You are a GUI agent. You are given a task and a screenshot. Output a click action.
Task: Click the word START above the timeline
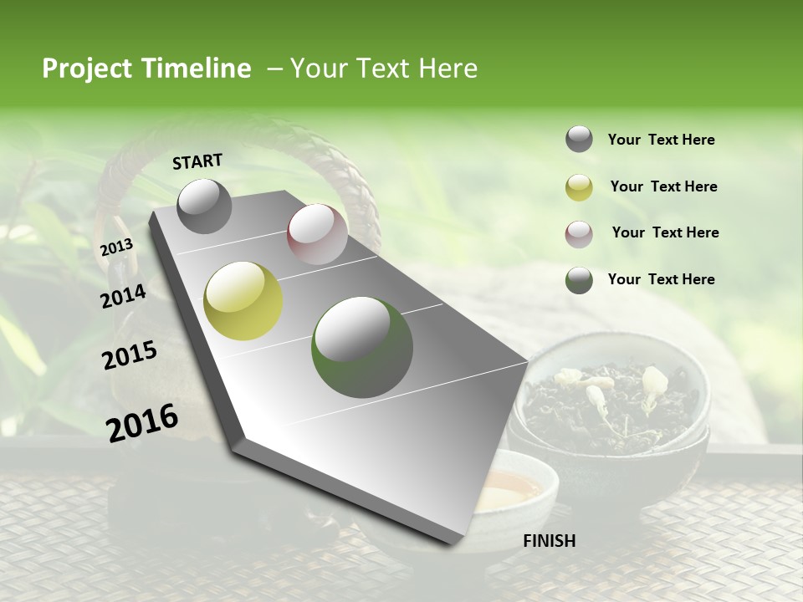pyautogui.click(x=197, y=161)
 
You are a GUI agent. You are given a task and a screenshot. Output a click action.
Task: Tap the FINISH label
pyautogui.click(x=549, y=540)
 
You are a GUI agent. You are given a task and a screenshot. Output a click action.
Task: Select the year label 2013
pyautogui.click(x=116, y=247)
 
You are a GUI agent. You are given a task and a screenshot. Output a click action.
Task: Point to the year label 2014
pyautogui.click(x=123, y=296)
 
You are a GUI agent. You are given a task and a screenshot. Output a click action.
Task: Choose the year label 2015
pyautogui.click(x=130, y=355)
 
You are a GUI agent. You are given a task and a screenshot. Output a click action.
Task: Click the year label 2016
pyautogui.click(x=142, y=422)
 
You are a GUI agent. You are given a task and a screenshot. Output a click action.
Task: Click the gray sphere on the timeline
pyautogui.click(x=204, y=206)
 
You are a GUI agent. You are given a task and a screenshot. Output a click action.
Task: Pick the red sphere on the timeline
pyautogui.click(x=317, y=234)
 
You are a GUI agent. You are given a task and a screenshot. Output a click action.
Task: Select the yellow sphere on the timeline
pyautogui.click(x=243, y=301)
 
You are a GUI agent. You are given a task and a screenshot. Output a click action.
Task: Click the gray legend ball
pyautogui.click(x=579, y=140)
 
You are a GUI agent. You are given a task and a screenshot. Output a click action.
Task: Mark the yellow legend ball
pyautogui.click(x=579, y=187)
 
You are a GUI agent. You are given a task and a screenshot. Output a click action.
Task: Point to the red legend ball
pyautogui.click(x=579, y=233)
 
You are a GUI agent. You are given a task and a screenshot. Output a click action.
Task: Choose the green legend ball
pyautogui.click(x=579, y=280)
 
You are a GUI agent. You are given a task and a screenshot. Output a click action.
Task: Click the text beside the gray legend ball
pyautogui.click(x=661, y=140)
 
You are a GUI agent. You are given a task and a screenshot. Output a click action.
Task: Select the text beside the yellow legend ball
pyautogui.click(x=663, y=186)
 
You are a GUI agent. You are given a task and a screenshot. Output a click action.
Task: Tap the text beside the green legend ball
pyautogui.click(x=661, y=279)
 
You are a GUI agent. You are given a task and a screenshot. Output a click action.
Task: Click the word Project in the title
pyautogui.click(x=86, y=69)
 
